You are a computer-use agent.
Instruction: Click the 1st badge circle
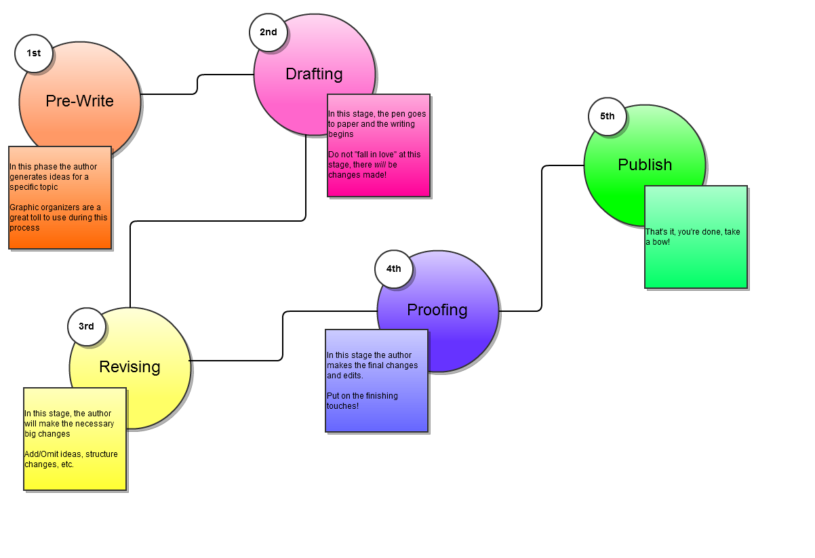[x=34, y=54]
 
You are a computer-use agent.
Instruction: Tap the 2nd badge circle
[x=269, y=33]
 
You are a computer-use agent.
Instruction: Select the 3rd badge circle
[x=86, y=327]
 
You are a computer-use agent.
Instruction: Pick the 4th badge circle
[x=394, y=269]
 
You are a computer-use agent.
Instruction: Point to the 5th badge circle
[x=607, y=117]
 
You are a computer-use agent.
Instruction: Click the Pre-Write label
[x=79, y=101]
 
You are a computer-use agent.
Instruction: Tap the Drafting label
[x=314, y=74]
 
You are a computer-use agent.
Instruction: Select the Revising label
[x=130, y=367]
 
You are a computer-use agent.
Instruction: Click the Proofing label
[x=437, y=310]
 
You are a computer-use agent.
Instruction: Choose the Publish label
[x=645, y=165]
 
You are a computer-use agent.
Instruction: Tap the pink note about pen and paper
[x=378, y=145]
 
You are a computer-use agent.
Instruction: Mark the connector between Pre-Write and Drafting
[x=197, y=84]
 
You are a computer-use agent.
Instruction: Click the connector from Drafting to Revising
[x=217, y=221]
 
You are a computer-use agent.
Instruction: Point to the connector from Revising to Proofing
[x=283, y=336]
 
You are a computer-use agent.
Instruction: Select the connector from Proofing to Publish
[x=542, y=237]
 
